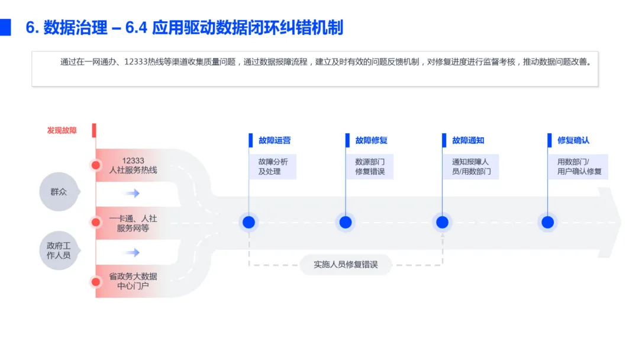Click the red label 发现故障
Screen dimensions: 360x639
pos(62,130)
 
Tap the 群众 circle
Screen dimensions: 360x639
pos(59,192)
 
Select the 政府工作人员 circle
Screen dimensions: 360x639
pos(59,250)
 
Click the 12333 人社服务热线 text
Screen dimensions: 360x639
pos(133,165)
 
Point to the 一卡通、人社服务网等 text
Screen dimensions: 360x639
pos(133,223)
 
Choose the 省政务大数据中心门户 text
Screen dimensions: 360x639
pos(133,281)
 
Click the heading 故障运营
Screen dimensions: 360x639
pos(275,140)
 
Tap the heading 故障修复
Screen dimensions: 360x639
pos(372,140)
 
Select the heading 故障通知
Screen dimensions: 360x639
pos(469,140)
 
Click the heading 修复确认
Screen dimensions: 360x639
pos(573,140)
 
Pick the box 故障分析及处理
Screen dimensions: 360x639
pos(273,166)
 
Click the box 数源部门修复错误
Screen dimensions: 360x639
pos(370,166)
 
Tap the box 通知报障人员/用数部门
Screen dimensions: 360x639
pos(471,166)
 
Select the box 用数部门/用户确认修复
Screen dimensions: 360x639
pos(579,166)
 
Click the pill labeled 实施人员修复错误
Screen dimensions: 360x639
pos(346,265)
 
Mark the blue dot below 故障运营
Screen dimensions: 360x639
pos(248,222)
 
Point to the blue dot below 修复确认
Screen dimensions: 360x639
pos(548,222)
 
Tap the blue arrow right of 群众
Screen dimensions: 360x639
pos(133,193)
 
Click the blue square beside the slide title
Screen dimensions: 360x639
pos(5,27)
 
